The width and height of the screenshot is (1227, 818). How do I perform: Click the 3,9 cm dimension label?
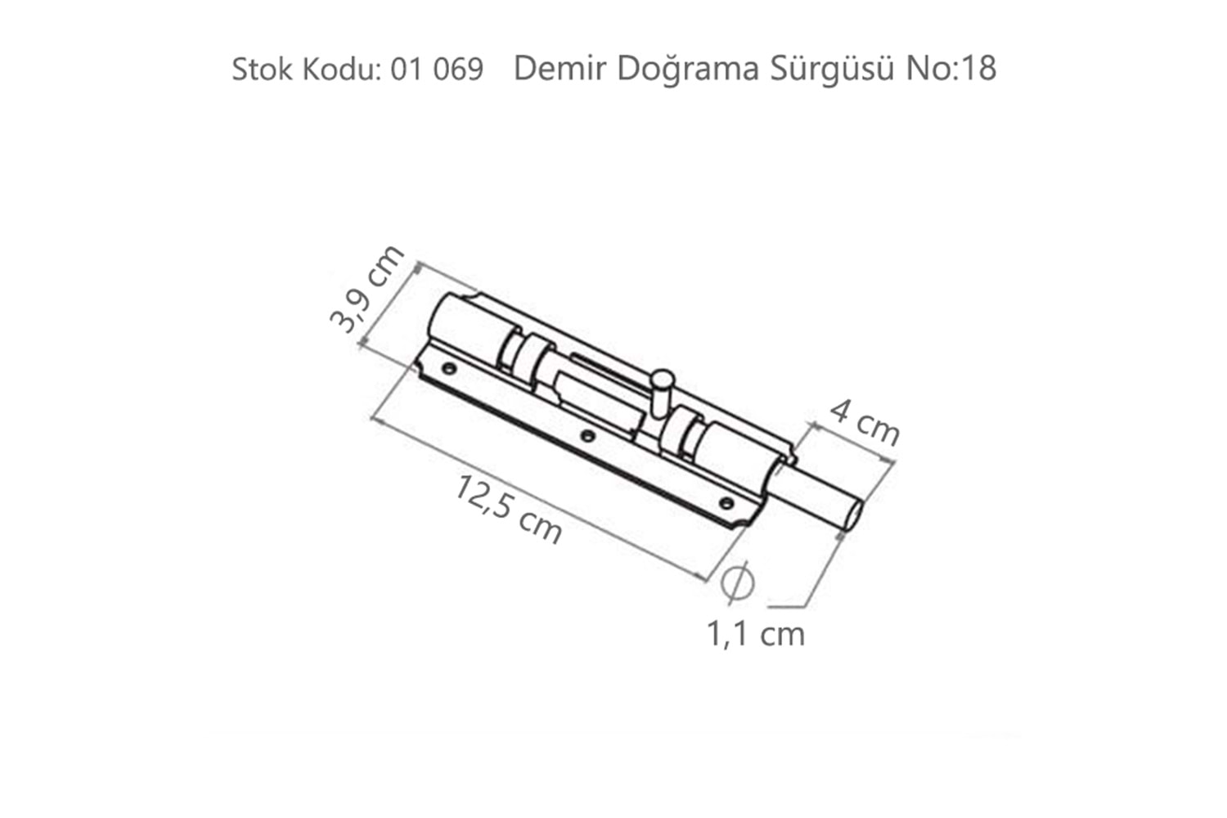click(x=366, y=289)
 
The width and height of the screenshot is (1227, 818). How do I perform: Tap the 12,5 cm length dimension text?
click(x=508, y=510)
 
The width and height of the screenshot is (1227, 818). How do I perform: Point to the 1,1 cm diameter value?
click(x=755, y=633)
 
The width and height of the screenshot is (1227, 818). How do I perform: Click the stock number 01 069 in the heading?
click(x=437, y=70)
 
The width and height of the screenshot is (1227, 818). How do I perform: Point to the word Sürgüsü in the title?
click(x=831, y=69)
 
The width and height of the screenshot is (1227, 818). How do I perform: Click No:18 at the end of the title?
click(x=951, y=69)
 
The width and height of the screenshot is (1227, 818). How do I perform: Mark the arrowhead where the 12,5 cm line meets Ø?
click(x=704, y=578)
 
